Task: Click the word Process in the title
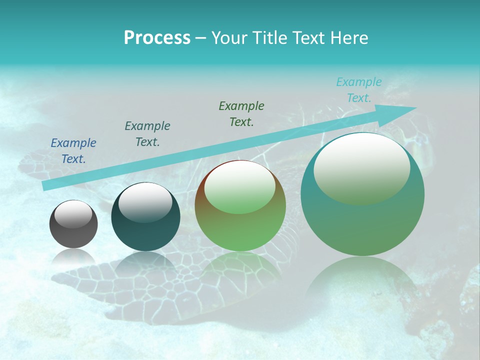click(x=157, y=38)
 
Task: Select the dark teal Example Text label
click(x=147, y=134)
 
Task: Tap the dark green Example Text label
click(x=241, y=113)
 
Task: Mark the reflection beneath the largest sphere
click(x=362, y=280)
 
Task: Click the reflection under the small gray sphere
click(x=73, y=257)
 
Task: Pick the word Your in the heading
click(x=229, y=38)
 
